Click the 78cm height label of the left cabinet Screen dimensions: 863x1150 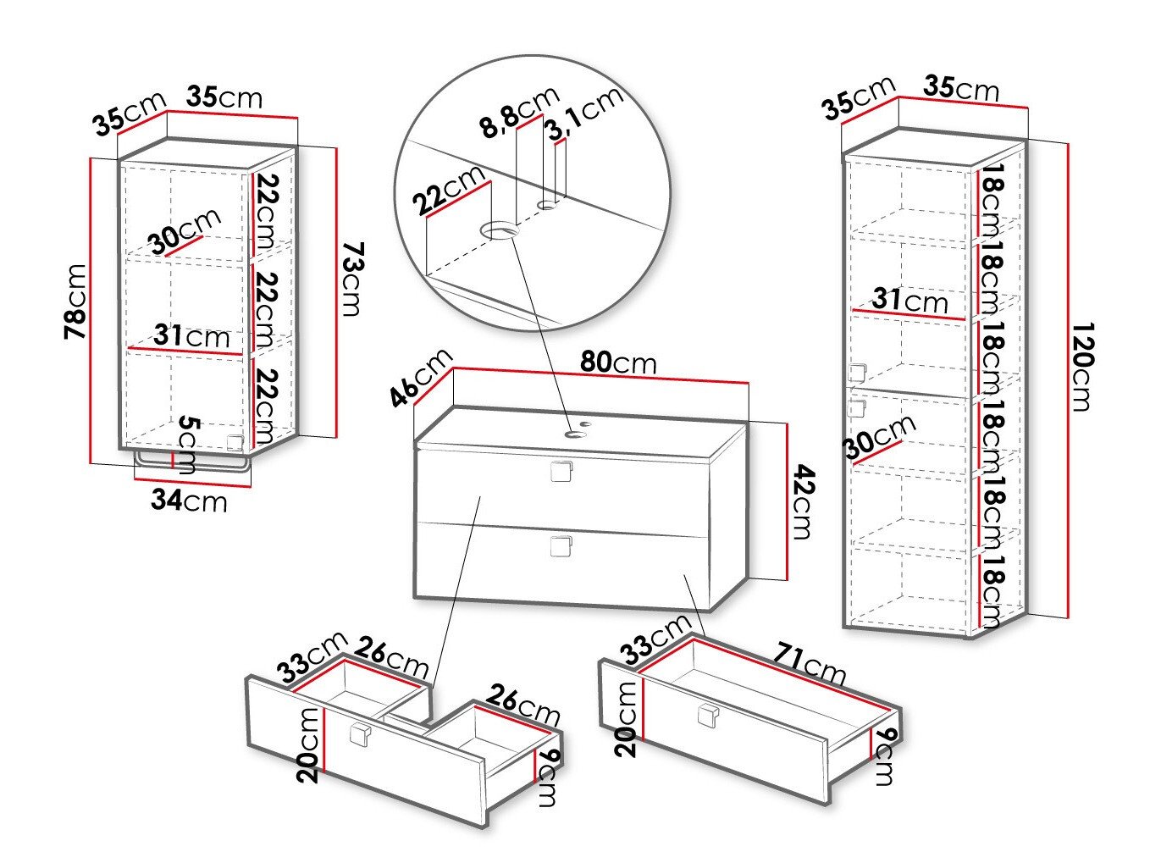pyautogui.click(x=76, y=301)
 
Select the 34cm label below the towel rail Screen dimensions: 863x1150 pyautogui.click(x=189, y=501)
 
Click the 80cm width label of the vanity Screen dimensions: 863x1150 pyautogui.click(x=617, y=362)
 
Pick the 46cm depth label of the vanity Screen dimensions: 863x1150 pyautogui.click(x=421, y=378)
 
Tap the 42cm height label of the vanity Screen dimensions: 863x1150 pyautogui.click(x=801, y=501)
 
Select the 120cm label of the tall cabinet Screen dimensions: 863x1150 pyautogui.click(x=1081, y=366)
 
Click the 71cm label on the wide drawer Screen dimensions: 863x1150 pyautogui.click(x=808, y=665)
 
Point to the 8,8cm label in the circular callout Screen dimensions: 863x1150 pyautogui.click(x=519, y=112)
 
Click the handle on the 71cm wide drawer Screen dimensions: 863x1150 pyautogui.click(x=707, y=716)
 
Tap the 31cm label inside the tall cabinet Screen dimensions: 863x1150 pyautogui.click(x=910, y=301)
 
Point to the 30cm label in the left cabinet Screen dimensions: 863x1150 pyautogui.click(x=185, y=230)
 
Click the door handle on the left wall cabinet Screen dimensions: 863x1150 pyautogui.click(x=235, y=441)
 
